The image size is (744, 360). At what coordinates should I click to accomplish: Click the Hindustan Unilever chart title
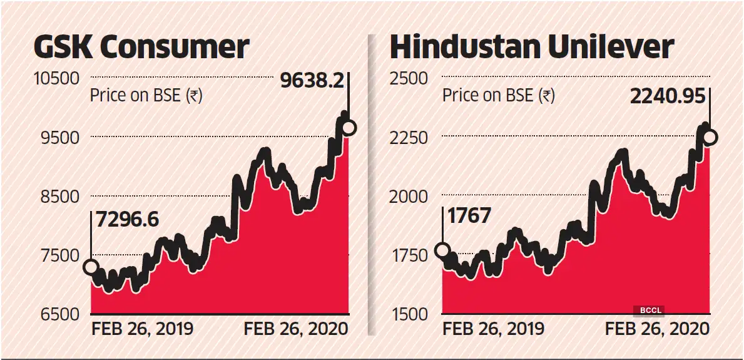(531, 47)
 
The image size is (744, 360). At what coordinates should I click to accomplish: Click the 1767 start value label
(468, 216)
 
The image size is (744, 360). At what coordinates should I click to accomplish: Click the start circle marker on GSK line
(91, 267)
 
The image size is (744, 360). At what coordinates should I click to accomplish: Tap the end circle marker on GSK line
(349, 128)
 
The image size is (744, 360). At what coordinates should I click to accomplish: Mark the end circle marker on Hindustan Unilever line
(710, 137)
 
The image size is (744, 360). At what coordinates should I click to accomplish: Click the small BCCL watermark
(648, 310)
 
